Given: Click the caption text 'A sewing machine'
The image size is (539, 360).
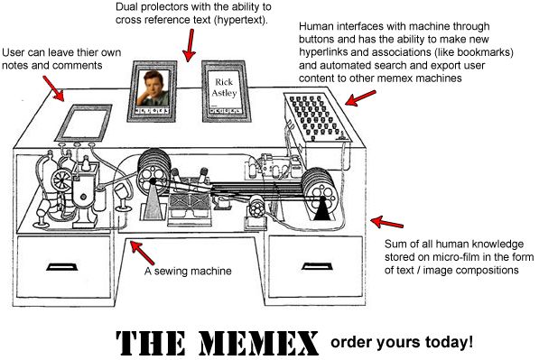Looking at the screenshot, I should click(x=190, y=271).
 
